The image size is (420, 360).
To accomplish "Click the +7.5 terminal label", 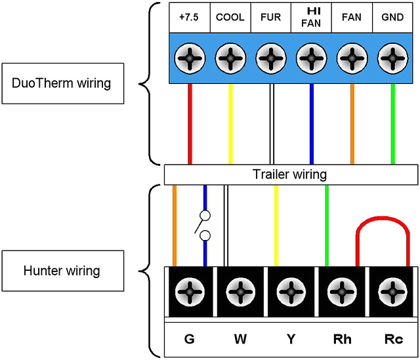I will click(x=190, y=18).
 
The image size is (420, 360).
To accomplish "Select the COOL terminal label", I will click(x=230, y=18).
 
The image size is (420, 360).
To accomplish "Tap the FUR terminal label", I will click(x=271, y=18).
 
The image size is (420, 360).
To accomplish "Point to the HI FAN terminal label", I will click(x=311, y=17).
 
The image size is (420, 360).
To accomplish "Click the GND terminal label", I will click(x=392, y=18).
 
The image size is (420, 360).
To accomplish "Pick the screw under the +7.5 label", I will click(x=190, y=58).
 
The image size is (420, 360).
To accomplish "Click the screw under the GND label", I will click(x=392, y=58).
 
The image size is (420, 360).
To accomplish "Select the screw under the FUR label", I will click(x=271, y=58).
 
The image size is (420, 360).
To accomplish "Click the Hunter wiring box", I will click(x=52, y=270).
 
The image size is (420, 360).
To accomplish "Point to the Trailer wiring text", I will click(x=289, y=175).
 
